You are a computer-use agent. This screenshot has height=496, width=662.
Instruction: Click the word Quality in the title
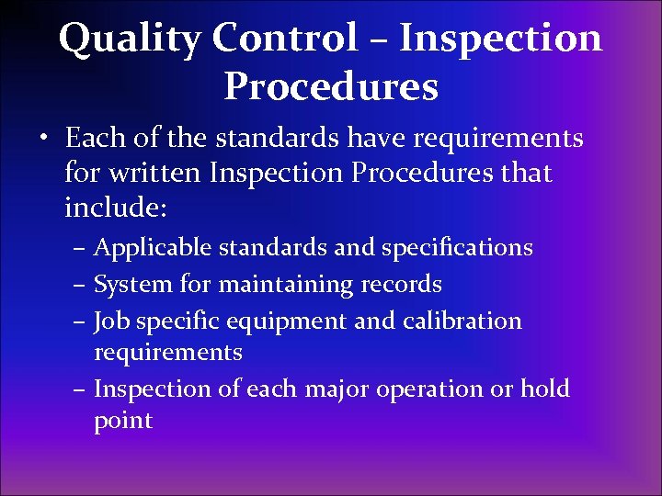pos(128,39)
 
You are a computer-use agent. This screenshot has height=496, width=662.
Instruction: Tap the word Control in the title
pos(285,39)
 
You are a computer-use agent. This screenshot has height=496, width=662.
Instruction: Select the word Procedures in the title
pos(330,87)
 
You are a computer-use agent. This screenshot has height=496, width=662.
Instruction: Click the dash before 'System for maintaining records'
pos(81,286)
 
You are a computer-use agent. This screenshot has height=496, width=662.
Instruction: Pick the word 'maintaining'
pos(283,285)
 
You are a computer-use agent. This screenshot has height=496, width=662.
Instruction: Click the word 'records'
pos(400,285)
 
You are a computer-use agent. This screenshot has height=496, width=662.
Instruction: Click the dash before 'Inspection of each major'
pos(81,390)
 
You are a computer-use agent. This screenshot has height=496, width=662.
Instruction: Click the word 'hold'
pos(544,389)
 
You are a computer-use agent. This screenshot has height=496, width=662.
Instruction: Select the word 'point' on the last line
pos(122,422)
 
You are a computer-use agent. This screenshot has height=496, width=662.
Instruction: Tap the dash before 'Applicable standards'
pos(81,249)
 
